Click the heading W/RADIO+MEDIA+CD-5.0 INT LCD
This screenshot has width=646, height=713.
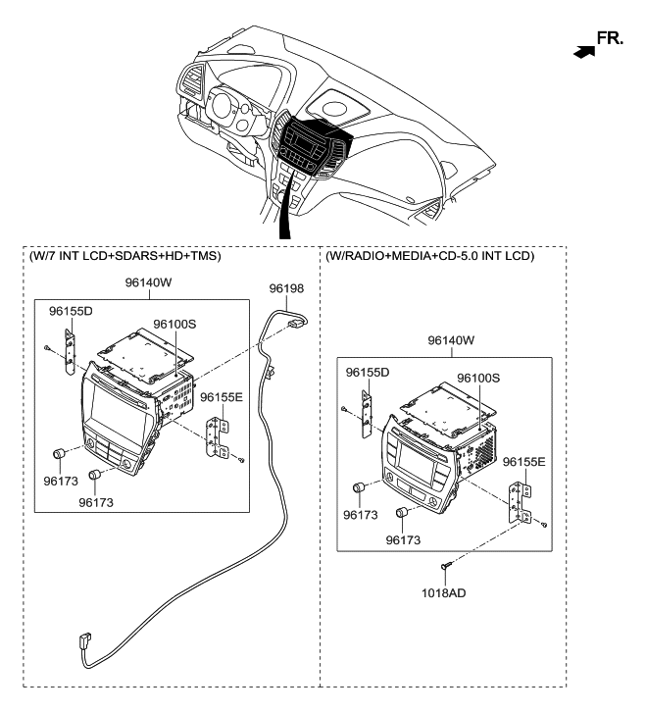click(x=429, y=257)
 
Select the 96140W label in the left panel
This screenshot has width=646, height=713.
click(x=150, y=284)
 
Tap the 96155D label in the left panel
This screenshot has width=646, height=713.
click(x=72, y=311)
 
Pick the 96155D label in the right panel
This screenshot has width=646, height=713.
click(x=368, y=373)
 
